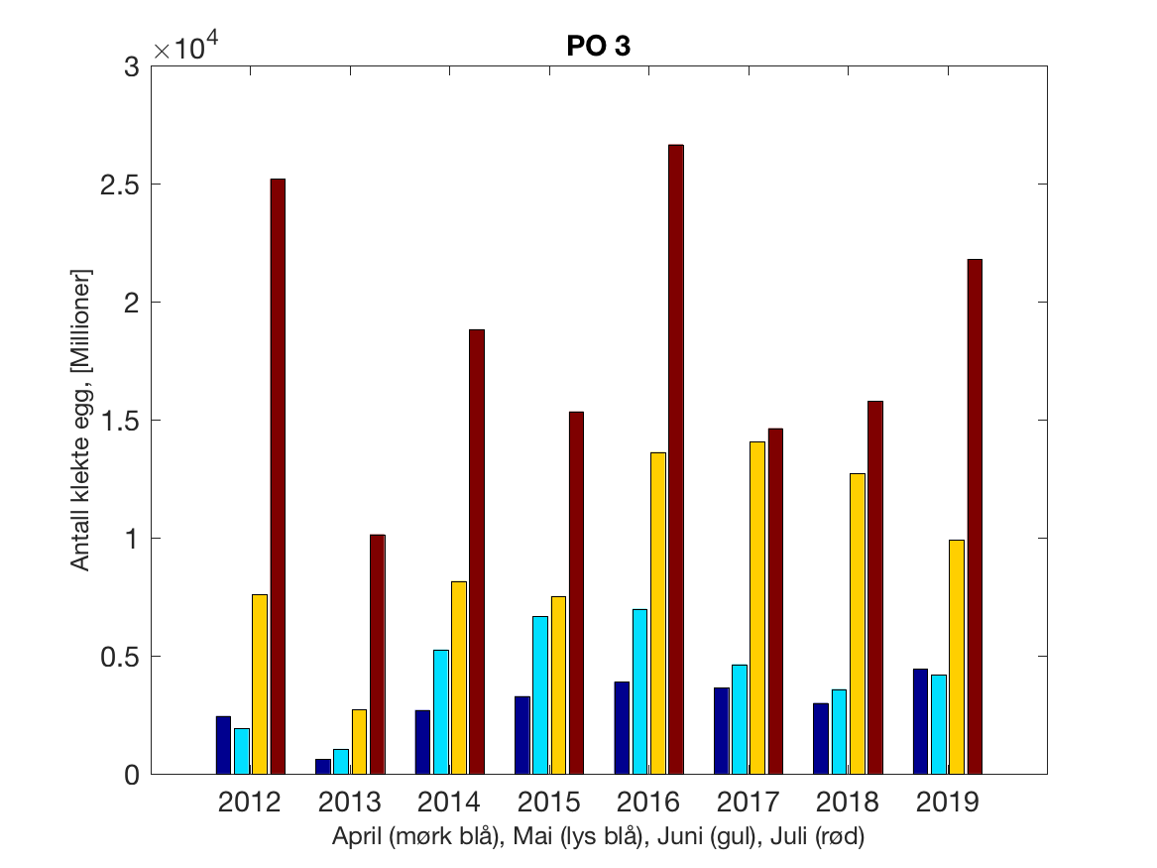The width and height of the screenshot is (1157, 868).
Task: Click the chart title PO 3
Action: click(x=599, y=48)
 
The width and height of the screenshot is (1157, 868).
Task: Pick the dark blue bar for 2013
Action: click(x=323, y=766)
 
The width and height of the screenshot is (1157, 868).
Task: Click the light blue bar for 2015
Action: click(x=539, y=694)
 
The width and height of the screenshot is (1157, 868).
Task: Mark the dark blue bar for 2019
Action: click(x=920, y=721)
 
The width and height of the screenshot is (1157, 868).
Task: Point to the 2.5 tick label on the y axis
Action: click(x=121, y=185)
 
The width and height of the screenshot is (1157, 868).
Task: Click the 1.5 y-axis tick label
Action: click(x=121, y=421)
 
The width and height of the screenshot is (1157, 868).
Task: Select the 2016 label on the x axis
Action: click(x=648, y=802)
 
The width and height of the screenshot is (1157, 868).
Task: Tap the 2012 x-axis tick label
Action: click(x=250, y=802)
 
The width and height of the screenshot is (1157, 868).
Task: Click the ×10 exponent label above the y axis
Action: click(x=182, y=49)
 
